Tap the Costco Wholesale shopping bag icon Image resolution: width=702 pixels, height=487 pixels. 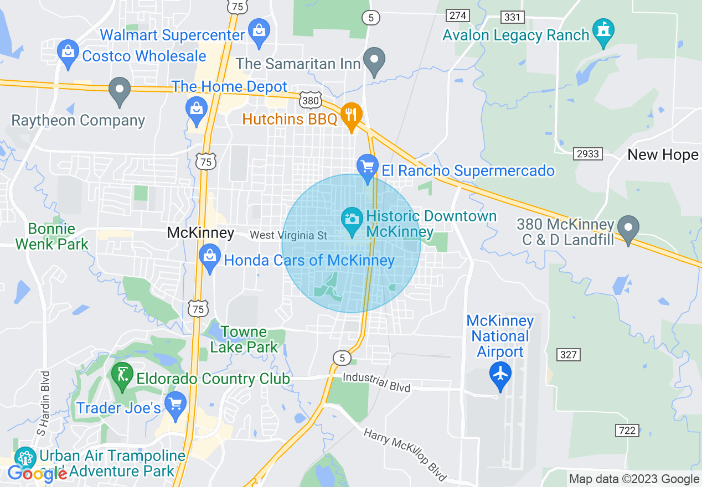pyautogui.click(x=68, y=53)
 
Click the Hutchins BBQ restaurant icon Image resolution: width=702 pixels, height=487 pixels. pyautogui.click(x=351, y=116)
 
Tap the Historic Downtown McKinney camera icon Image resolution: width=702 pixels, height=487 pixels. pyautogui.click(x=352, y=220)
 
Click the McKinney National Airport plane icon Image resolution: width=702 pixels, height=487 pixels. pyautogui.click(x=500, y=374)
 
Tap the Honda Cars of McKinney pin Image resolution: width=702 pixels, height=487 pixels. pyautogui.click(x=209, y=257)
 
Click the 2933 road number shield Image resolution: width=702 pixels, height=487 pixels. pyautogui.click(x=587, y=153)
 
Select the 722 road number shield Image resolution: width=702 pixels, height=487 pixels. pyautogui.click(x=626, y=430)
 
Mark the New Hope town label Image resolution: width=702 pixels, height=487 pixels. pyautogui.click(x=663, y=154)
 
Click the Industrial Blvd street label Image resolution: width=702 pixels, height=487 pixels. pyautogui.click(x=376, y=381)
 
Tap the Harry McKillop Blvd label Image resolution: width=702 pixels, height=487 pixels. pyautogui.click(x=405, y=453)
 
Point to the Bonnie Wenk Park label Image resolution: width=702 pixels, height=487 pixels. pyautogui.click(x=52, y=236)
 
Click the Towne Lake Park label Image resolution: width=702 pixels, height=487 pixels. pyautogui.click(x=244, y=339)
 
